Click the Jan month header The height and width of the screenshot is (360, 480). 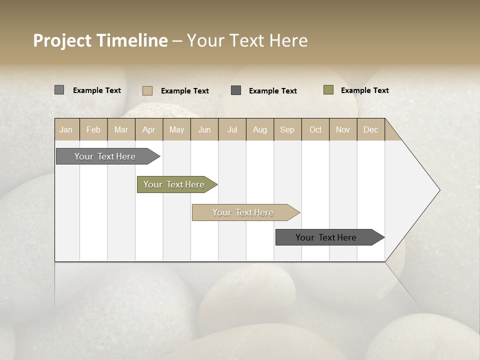tap(66, 129)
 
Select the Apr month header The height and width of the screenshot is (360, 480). tap(148, 129)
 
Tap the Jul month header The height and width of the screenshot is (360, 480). tap(232, 129)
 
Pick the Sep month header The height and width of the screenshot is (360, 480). tap(287, 129)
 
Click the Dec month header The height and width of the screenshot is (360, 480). tap(370, 129)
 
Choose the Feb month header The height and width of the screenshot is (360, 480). tap(93, 129)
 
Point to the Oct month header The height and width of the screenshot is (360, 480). tap(315, 129)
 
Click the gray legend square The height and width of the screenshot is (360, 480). tap(59, 90)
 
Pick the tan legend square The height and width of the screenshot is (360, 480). tap(147, 90)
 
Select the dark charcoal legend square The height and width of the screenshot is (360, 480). tap(236, 90)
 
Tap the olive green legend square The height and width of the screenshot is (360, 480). tap(328, 90)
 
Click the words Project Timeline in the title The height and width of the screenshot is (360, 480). tap(100, 40)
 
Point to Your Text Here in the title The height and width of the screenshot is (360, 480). tap(247, 40)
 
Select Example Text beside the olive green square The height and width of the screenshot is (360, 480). tap(364, 90)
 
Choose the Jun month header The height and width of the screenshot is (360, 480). tap(204, 129)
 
